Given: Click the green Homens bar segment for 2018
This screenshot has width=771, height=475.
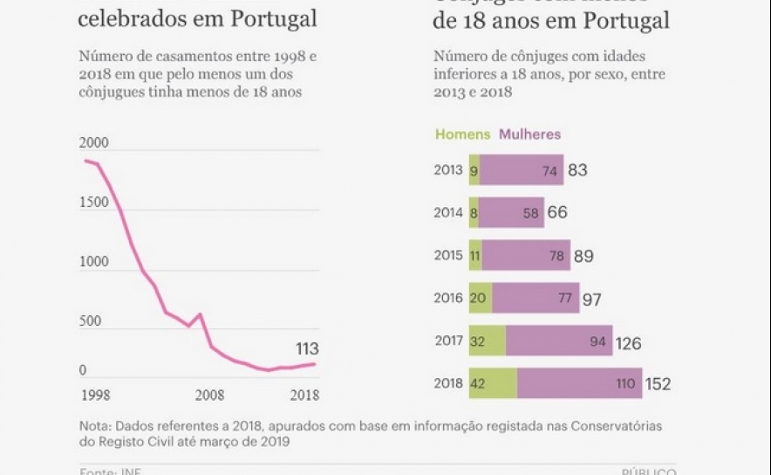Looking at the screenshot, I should pos(493,384).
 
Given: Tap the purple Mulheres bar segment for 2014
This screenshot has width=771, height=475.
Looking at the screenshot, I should pos(510,213).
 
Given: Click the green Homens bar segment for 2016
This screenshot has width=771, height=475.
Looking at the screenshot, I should pos(481,299).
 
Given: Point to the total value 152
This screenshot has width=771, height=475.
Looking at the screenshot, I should pos(658,385).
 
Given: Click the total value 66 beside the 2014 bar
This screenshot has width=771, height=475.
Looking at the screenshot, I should pos(557,213).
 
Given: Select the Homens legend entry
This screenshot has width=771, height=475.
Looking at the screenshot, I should pos(462,134).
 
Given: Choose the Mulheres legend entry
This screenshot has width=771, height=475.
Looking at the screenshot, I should pos(529,134).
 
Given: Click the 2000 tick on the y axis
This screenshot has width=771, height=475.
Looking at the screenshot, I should pos(94,143).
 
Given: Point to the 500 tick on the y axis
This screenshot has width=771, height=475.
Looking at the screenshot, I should pos(90,321).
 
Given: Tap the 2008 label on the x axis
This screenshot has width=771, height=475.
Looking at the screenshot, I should pos(209,395).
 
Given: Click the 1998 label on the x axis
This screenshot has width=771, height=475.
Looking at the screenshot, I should pos(96,395).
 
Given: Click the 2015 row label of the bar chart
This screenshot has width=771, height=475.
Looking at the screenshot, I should pos(449,256).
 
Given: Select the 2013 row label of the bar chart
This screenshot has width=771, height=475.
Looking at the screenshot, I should pos(449,170).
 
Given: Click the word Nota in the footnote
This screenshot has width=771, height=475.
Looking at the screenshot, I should pos(93,426).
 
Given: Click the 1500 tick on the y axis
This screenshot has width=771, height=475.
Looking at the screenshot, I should pos(94,203).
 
